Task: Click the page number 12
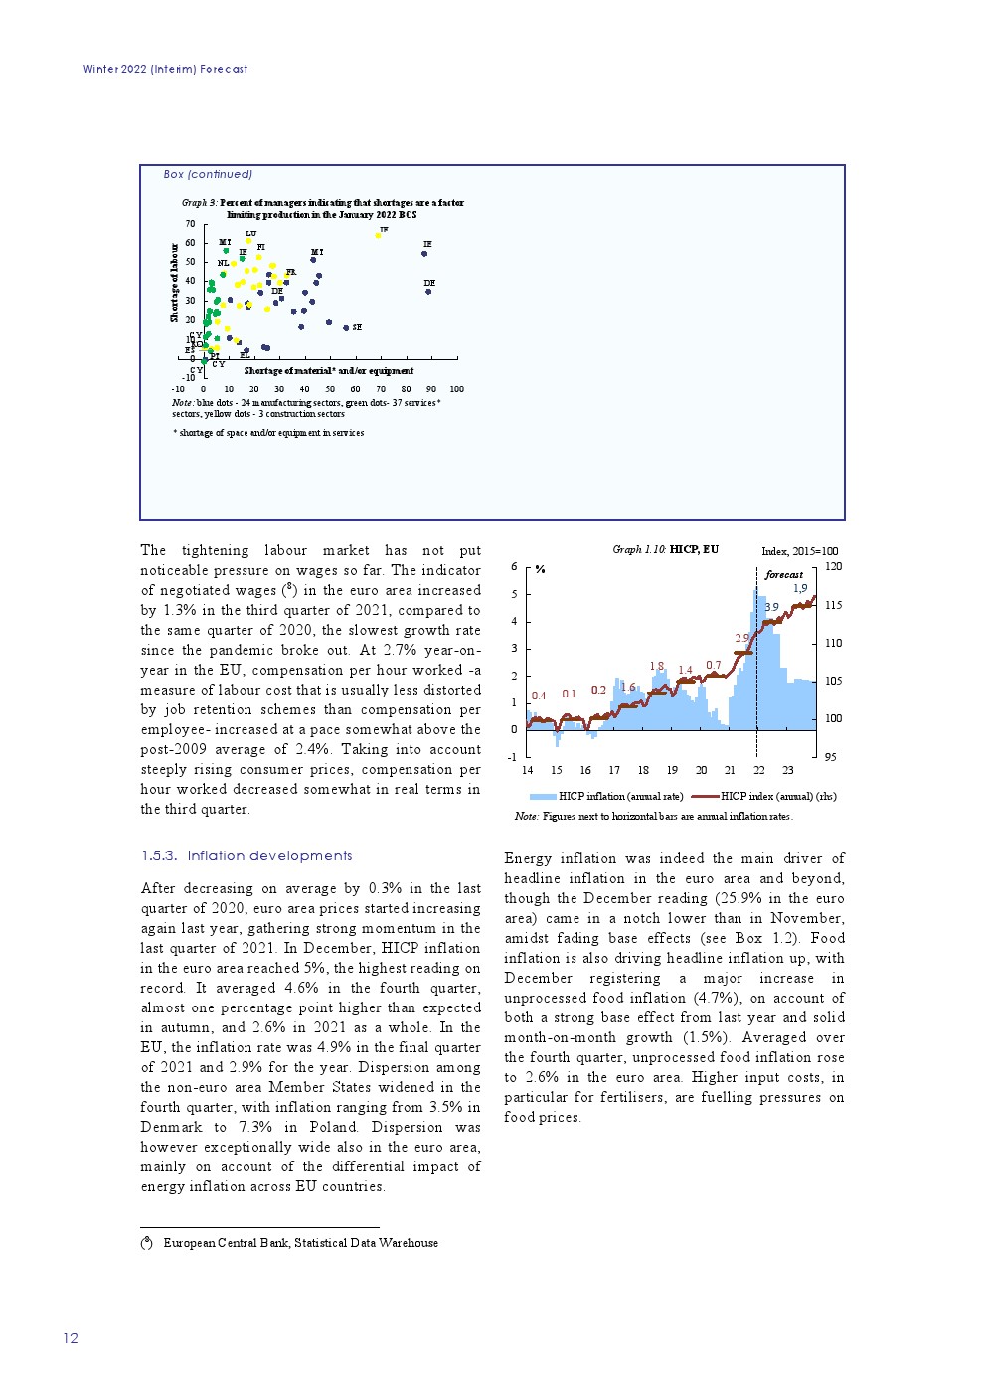point(71,1338)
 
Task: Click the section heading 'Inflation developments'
point(269,856)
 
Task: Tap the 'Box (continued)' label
point(208,175)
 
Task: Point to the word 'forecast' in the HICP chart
point(783,575)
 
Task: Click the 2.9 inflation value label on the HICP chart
point(741,639)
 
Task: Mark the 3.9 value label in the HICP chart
point(771,607)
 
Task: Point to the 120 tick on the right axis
point(833,567)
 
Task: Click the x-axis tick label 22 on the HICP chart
point(758,771)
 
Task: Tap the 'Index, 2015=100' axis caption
point(799,552)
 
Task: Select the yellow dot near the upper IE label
point(378,235)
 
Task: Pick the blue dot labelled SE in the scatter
point(346,327)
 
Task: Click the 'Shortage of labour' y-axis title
point(175,282)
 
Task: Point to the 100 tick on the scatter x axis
point(457,389)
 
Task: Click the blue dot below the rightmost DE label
point(428,292)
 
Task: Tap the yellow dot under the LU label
point(248,241)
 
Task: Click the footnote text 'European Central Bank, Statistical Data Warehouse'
point(300,1243)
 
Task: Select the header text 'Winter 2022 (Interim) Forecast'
point(165,70)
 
